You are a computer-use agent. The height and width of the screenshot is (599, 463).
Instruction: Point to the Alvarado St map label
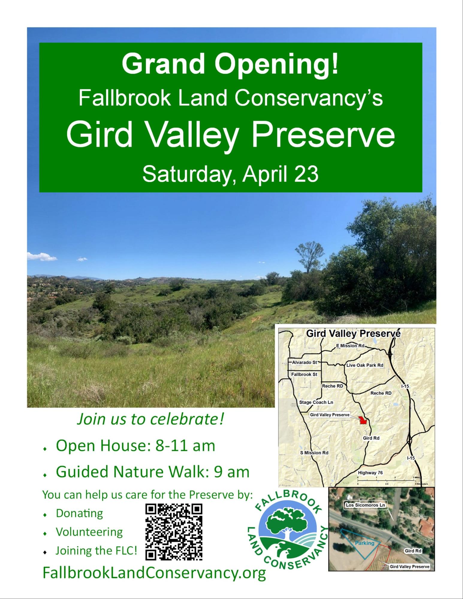pos(304,362)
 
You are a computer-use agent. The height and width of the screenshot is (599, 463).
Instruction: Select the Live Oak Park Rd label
pos(365,365)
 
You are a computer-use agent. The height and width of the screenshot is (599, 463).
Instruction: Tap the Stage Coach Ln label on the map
pos(316,402)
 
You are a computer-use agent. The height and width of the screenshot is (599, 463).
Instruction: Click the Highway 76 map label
pos(370,473)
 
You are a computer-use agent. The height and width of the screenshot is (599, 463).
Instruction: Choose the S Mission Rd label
pos(314,453)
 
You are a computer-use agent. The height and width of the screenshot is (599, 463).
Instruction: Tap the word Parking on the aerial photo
pos(364,543)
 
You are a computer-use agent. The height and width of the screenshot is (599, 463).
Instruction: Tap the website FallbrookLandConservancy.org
pos(154,573)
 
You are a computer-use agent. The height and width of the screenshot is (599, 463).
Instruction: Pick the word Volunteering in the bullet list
pos(89,532)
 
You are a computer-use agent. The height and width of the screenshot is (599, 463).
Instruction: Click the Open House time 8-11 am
pos(185,446)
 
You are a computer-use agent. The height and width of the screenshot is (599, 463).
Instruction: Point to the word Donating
pos(79,513)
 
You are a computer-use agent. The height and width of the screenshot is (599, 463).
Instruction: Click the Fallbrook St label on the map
pos(304,374)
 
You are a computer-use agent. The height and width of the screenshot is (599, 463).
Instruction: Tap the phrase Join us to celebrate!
pos(151,420)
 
